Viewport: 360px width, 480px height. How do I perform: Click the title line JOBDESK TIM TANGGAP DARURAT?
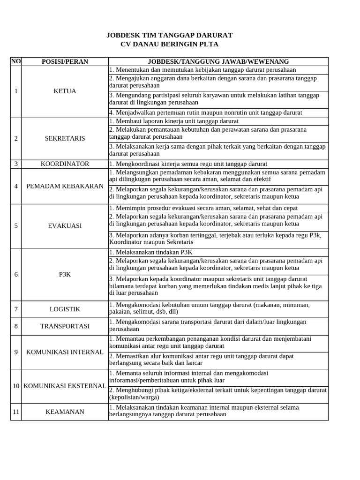(x=169, y=35)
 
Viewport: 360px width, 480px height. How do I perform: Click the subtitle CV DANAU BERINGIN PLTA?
(x=169, y=44)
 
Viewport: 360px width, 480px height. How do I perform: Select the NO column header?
(x=16, y=61)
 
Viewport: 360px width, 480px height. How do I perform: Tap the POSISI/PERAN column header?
(x=65, y=61)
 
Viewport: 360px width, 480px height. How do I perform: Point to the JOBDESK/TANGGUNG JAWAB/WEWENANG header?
(x=218, y=61)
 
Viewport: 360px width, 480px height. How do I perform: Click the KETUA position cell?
(x=65, y=91)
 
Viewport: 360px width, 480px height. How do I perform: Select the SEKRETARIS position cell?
(x=65, y=138)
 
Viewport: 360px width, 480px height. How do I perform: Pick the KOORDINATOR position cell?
(x=65, y=164)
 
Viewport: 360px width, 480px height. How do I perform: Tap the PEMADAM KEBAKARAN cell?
(x=65, y=186)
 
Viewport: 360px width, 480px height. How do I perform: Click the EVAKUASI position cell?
(x=65, y=225)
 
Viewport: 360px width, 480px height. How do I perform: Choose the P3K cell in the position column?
(x=65, y=274)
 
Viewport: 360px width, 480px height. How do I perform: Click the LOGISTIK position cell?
(x=65, y=309)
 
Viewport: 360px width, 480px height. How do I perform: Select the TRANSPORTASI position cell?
(x=65, y=326)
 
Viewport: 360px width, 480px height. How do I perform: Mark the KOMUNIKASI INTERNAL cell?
(x=65, y=352)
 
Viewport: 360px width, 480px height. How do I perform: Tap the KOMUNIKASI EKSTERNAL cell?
(x=65, y=386)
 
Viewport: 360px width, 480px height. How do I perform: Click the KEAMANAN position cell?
(x=65, y=412)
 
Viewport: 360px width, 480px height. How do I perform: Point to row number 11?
(x=16, y=412)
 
